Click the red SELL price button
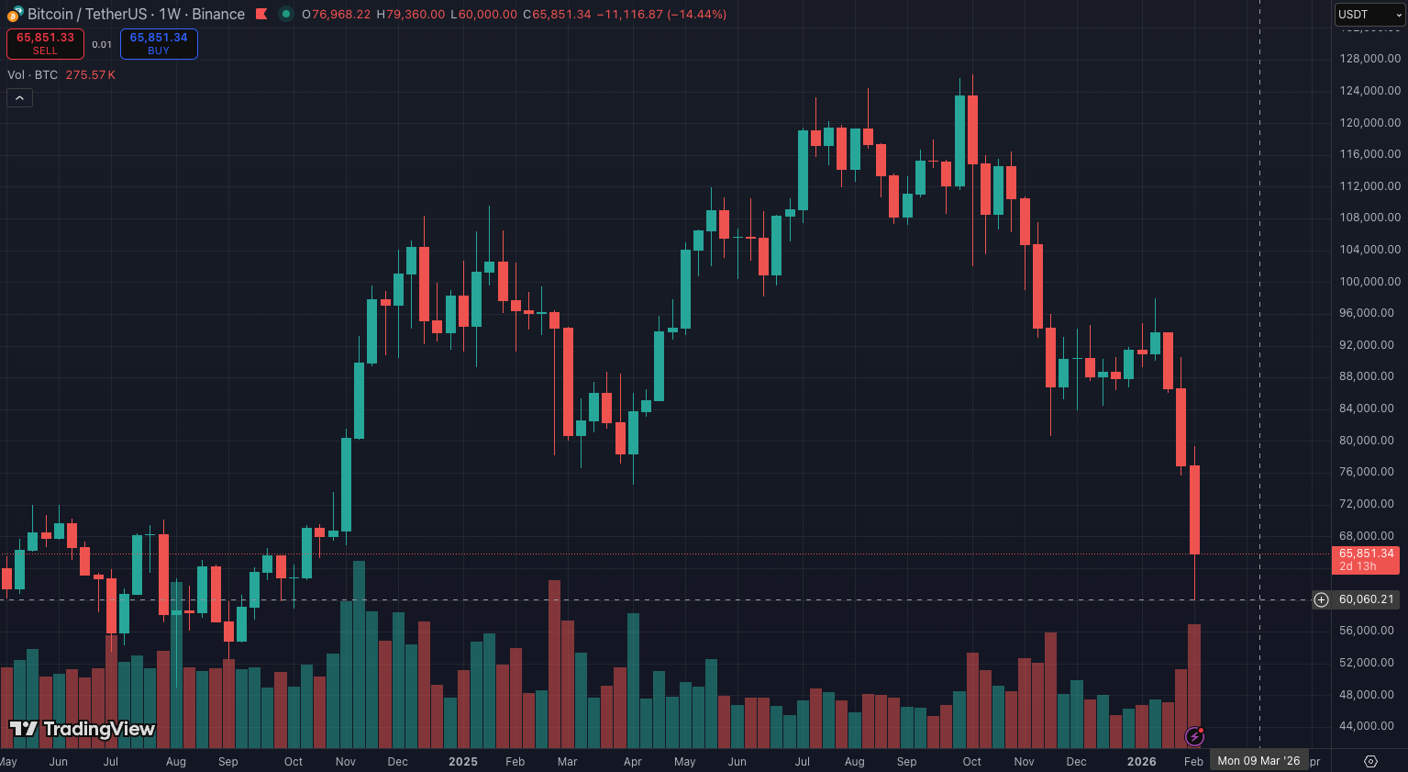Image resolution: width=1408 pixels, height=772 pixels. (45, 43)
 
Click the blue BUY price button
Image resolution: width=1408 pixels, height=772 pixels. (159, 43)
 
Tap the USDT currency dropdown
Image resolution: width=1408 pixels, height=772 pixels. (1369, 15)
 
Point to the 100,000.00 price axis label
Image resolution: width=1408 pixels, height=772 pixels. (1369, 282)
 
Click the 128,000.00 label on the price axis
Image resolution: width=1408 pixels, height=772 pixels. (1369, 59)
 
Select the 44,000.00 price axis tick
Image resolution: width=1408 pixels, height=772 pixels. (1369, 726)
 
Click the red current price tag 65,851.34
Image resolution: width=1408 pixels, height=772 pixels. (1365, 559)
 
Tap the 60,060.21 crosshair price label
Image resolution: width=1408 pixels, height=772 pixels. (1366, 599)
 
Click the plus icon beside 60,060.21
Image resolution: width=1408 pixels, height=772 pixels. (1321, 599)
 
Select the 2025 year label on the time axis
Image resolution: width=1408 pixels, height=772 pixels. (462, 762)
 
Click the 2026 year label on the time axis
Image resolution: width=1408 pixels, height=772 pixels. (1141, 762)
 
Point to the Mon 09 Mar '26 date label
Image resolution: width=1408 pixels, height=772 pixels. (1258, 761)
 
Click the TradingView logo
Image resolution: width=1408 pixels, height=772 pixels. (83, 730)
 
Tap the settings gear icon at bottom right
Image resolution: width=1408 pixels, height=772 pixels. (1370, 761)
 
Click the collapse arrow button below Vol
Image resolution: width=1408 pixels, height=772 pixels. (19, 97)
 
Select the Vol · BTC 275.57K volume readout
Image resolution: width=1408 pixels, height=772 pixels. (61, 75)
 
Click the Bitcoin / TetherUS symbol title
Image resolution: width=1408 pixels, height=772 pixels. (136, 15)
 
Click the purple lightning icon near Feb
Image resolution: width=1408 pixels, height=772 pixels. (1194, 735)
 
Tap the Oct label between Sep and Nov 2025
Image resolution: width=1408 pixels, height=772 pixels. (971, 762)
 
